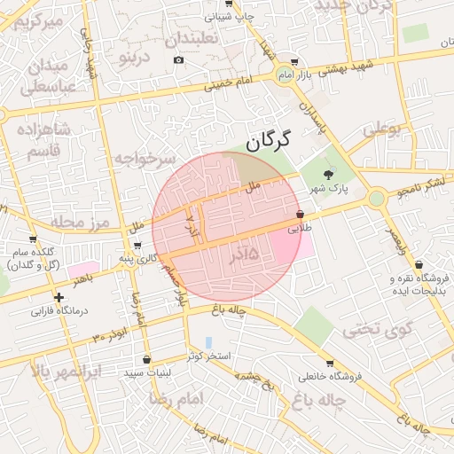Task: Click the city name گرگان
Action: [267, 139]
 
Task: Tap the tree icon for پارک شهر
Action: [330, 174]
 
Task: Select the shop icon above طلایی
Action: [300, 215]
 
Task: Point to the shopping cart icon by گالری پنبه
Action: [137, 246]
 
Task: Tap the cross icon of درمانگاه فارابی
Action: [59, 298]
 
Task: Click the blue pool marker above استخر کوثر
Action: [208, 341]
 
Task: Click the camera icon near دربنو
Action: [179, 59]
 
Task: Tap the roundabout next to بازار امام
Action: [284, 74]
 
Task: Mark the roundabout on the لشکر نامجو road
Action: [377, 199]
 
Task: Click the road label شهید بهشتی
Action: [346, 67]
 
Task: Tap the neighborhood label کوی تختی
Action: [379, 331]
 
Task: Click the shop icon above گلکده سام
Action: [34, 239]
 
